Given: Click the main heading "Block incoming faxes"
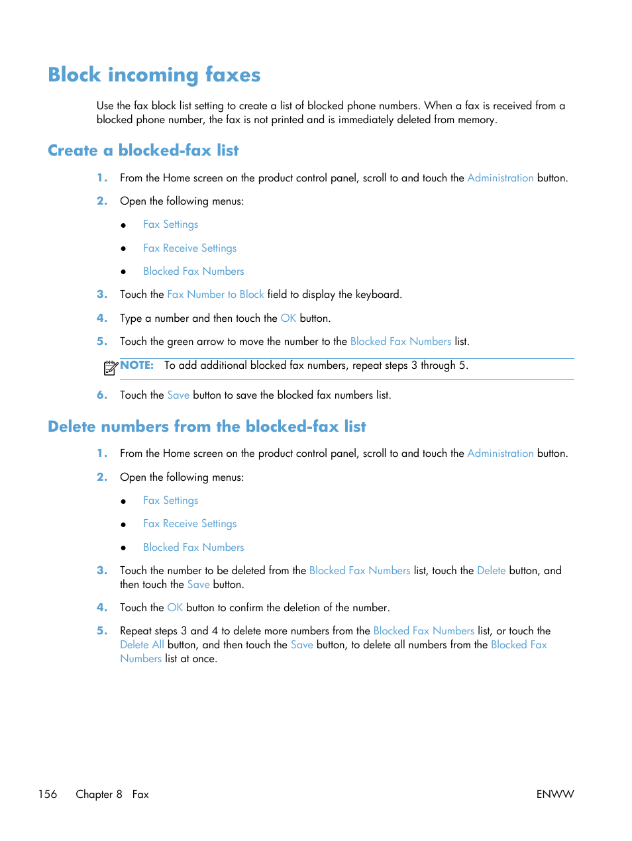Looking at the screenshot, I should [x=154, y=75].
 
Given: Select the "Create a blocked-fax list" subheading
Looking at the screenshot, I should [x=143, y=150].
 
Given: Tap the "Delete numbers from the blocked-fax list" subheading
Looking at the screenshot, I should [x=207, y=426].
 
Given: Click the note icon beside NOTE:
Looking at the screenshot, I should [x=111, y=368].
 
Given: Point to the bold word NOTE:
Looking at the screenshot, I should [x=137, y=365].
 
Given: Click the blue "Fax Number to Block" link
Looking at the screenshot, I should [x=215, y=295].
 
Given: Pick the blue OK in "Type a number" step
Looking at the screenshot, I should [x=288, y=318].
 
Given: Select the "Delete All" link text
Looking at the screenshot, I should [x=142, y=645].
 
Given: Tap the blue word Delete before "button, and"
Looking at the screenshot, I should [x=491, y=571].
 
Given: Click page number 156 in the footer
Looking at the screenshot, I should [x=48, y=794].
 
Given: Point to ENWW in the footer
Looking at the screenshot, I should [x=555, y=794].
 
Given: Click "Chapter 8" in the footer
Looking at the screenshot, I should [x=99, y=794].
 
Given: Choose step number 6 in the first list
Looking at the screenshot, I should [x=101, y=395].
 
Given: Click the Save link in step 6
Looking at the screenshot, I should [x=178, y=395].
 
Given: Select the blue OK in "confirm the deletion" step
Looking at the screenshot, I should [x=175, y=608].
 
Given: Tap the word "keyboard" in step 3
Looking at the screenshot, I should [x=378, y=295].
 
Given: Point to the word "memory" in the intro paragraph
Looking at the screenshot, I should [x=476, y=120].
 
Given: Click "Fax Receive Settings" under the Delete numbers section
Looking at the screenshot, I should [x=189, y=524].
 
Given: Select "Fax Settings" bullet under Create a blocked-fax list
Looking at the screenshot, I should [x=170, y=224].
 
